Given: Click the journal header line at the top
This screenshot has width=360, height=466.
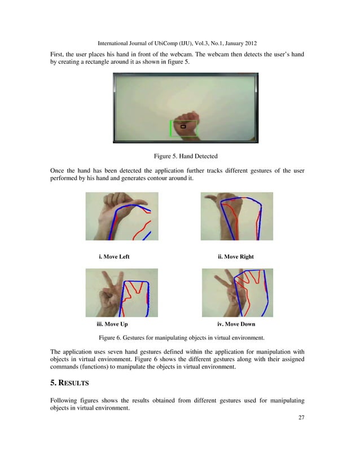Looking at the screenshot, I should click(179, 43).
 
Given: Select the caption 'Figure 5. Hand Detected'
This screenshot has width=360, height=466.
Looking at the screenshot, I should click(186, 155).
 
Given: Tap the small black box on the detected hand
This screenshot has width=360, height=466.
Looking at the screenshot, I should click(183, 127).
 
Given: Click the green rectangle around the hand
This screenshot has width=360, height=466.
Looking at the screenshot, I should click(171, 129).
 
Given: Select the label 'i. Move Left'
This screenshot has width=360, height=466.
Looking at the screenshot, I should click(114, 257).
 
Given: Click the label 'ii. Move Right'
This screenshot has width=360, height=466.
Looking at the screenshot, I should click(235, 257).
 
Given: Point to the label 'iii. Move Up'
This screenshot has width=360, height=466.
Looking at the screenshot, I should click(112, 325).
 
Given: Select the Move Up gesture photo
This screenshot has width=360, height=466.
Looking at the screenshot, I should click(122, 292).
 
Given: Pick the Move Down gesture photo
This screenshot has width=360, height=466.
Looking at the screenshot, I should click(237, 292).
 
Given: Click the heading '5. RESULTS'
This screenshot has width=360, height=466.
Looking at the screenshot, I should click(70, 383).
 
